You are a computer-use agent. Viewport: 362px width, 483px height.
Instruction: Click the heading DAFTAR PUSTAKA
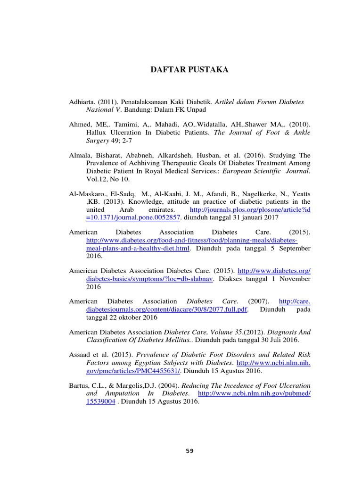point(189,70)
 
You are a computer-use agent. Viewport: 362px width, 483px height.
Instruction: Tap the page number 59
point(189,450)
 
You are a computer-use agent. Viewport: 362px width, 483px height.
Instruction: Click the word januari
point(253,217)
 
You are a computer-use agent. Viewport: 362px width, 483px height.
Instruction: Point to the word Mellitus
point(176,340)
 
